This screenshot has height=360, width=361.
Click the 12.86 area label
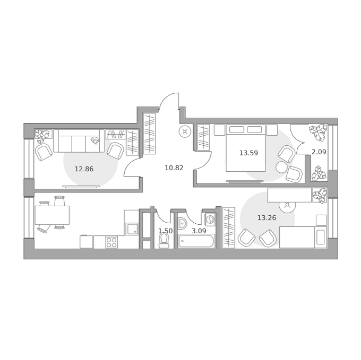click(x=84, y=169)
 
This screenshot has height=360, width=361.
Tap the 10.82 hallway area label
click(x=174, y=168)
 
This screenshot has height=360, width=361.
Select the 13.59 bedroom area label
click(x=248, y=153)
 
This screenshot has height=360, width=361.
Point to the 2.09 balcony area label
click(x=319, y=152)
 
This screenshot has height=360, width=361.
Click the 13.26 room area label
click(x=267, y=217)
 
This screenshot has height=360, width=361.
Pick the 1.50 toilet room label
click(x=166, y=231)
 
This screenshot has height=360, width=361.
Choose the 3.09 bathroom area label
click(x=199, y=231)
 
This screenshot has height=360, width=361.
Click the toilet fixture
click(x=164, y=241)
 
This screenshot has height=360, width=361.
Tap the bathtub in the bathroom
click(x=196, y=241)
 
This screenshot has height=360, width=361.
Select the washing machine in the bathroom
click(x=210, y=219)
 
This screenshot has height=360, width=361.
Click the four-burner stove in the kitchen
click(x=111, y=242)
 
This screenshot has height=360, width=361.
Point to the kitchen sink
click(x=132, y=229)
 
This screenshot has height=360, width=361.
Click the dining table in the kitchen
click(x=52, y=215)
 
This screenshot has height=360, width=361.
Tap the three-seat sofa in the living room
click(x=79, y=141)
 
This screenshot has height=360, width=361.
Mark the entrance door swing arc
click(x=167, y=99)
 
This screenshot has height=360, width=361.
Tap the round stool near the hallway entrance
click(x=185, y=131)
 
